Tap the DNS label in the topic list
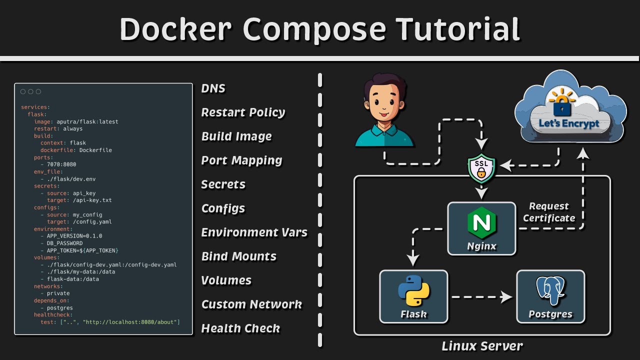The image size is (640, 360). point(213,88)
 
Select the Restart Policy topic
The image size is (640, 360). point(243,112)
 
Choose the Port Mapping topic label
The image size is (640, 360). point(241,160)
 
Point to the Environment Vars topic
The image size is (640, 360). point(254,232)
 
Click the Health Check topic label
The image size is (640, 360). point(240,328)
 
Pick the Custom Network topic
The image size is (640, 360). point(251,304)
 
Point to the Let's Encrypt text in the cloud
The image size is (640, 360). point(569,123)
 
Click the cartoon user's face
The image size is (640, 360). point(384,105)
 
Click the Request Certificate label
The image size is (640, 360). point(548,212)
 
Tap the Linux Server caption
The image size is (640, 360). point(482,346)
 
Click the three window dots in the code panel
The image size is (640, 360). point(30,92)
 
